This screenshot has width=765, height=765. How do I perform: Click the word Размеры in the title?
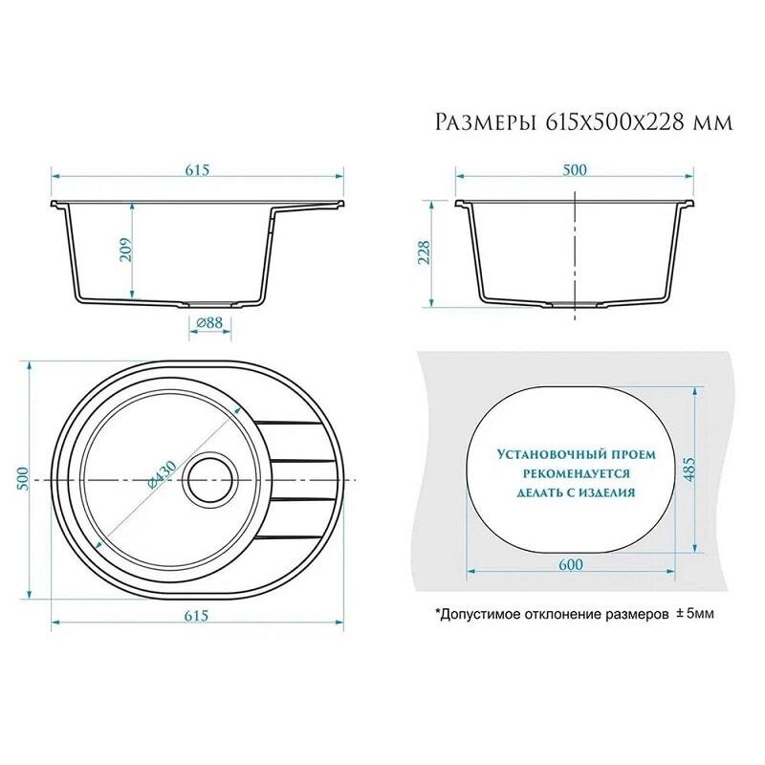point(486,122)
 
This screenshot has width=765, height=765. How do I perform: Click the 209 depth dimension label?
point(125,251)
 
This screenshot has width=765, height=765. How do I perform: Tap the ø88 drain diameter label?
point(209,323)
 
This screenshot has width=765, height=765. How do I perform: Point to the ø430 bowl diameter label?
point(162,473)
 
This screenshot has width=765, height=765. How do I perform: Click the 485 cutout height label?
point(688,470)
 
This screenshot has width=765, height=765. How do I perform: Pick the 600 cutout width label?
point(570,564)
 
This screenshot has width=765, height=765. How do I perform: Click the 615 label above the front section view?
point(197,170)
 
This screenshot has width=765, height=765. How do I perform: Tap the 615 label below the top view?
point(197,616)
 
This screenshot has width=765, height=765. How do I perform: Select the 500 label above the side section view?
point(575,170)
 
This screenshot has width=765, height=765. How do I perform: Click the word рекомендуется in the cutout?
point(577,473)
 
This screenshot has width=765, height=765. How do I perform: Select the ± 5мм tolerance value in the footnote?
point(695,613)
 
